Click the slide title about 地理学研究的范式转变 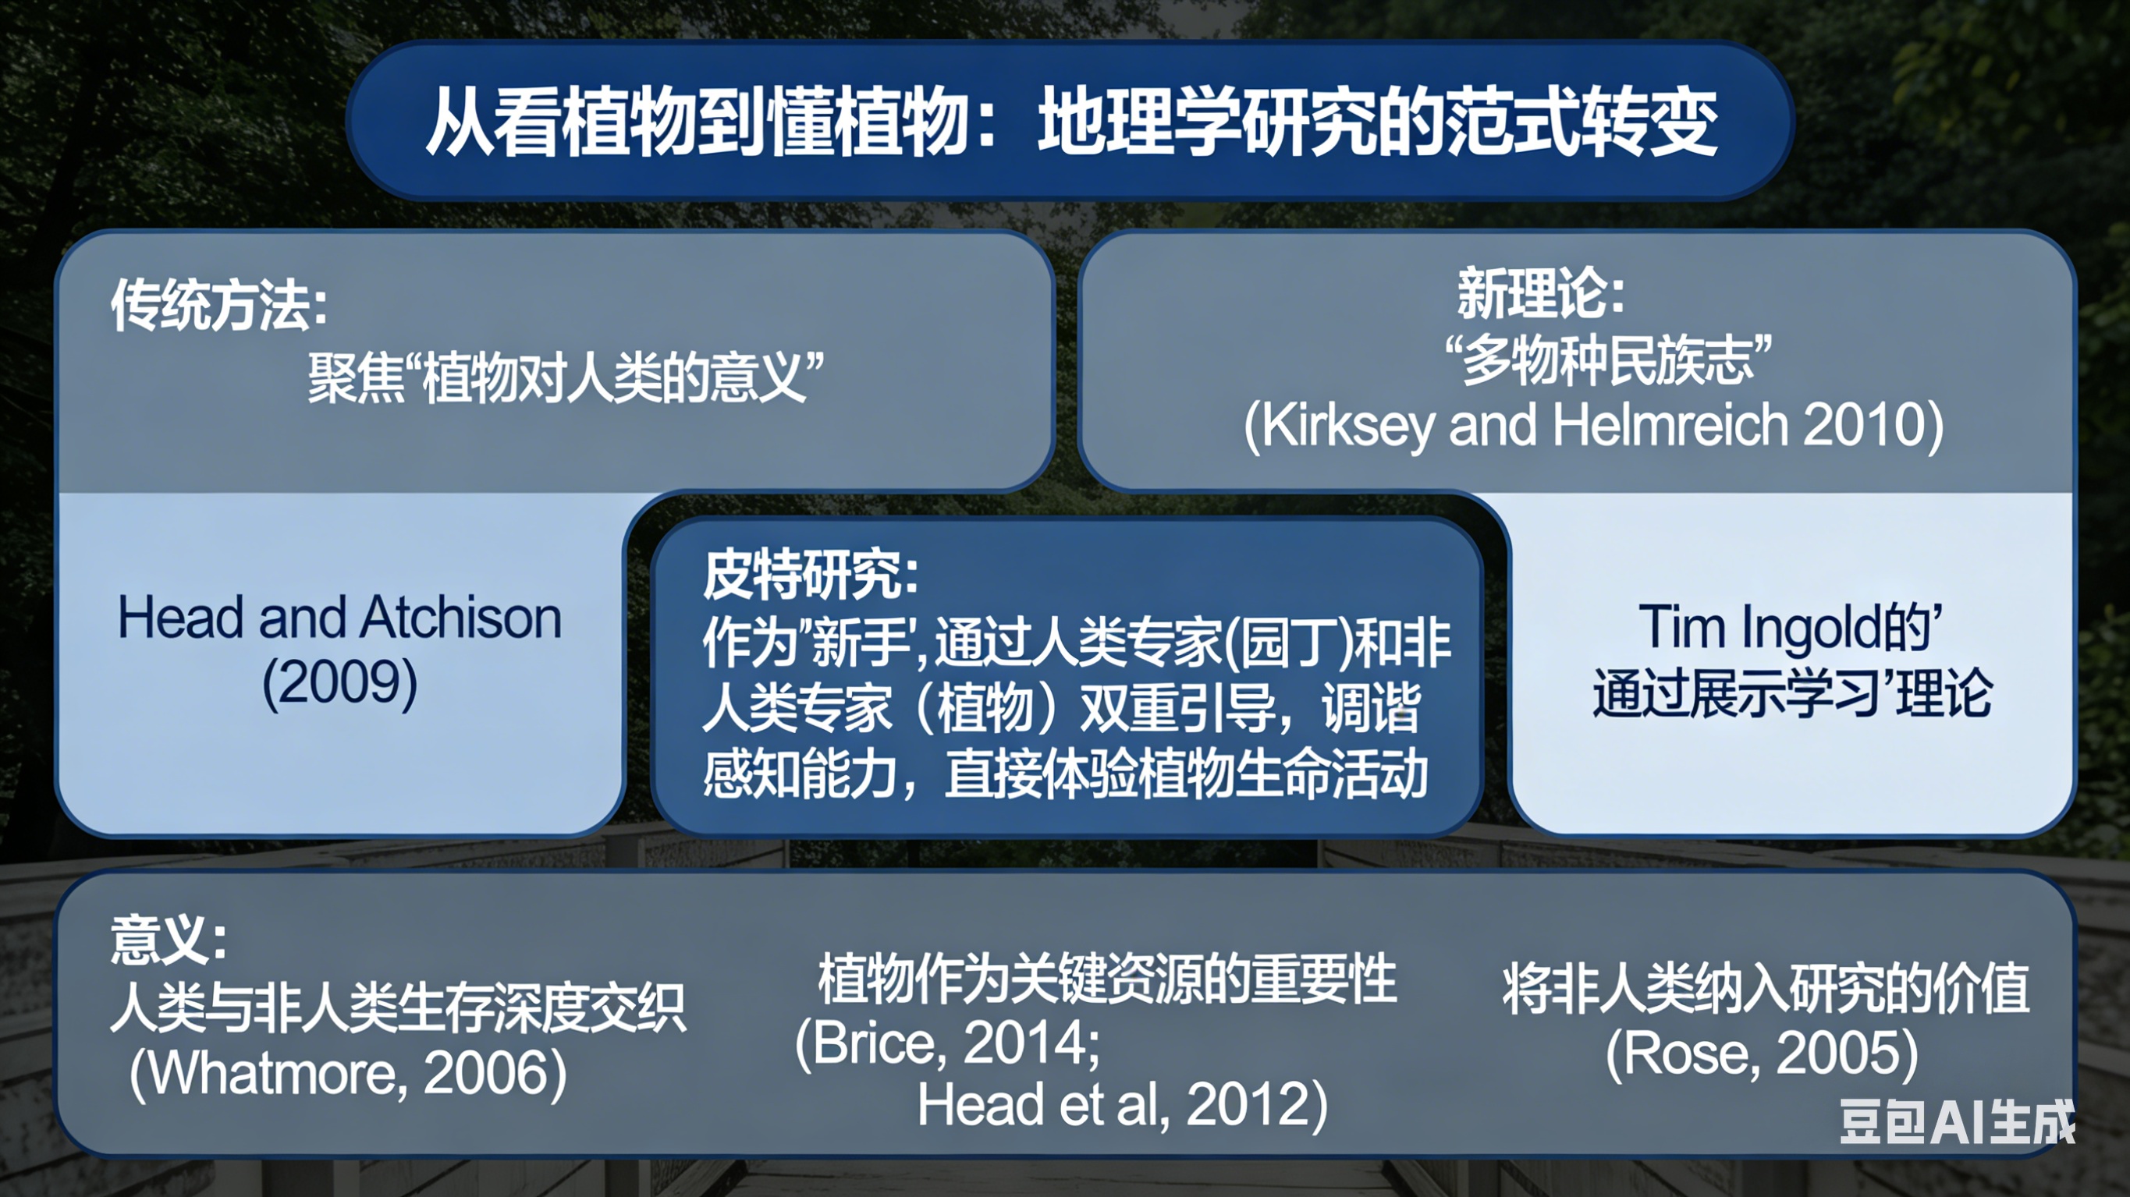click(1071, 122)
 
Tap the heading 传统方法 click(219, 304)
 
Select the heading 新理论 click(1540, 293)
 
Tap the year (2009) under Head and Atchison click(340, 683)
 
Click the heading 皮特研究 click(811, 574)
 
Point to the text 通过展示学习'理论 click(1792, 692)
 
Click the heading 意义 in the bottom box click(168, 940)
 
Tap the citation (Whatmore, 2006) click(348, 1073)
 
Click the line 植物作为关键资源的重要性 click(1107, 980)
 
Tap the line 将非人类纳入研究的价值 click(1766, 989)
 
